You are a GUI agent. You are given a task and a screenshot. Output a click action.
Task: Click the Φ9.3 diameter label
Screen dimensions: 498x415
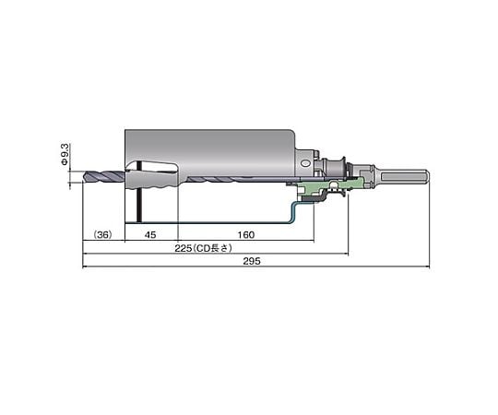65,154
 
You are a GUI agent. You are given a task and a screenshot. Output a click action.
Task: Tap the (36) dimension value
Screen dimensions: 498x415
103,234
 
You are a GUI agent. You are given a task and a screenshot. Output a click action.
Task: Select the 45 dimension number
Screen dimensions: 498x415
150,234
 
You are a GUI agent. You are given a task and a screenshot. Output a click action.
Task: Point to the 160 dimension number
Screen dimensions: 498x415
246,234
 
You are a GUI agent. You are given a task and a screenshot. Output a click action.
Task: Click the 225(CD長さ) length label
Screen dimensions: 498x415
203,248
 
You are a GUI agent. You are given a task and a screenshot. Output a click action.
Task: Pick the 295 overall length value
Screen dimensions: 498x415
252,261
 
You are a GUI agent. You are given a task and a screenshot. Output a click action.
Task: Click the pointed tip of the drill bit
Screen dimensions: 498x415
84,177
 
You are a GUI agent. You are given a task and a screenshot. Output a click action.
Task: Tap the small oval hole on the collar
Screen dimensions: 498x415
305,163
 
